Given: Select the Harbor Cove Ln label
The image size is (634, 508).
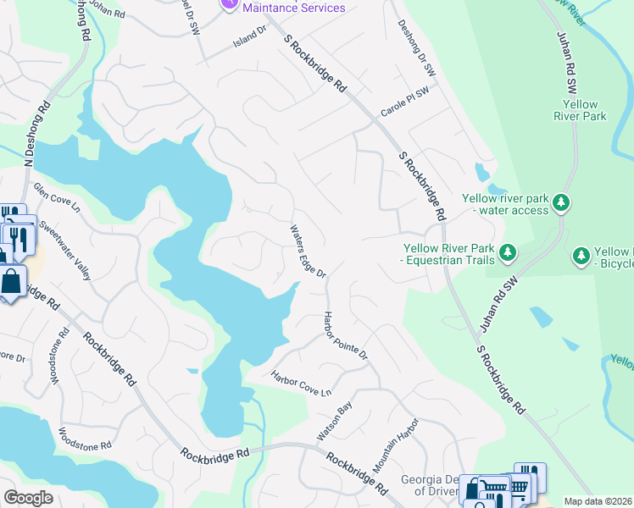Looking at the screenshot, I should (x=300, y=384).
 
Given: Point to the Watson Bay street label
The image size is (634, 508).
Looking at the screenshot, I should (x=334, y=421).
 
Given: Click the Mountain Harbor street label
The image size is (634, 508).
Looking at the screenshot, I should (x=396, y=444).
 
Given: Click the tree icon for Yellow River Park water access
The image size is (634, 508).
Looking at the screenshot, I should (x=560, y=203).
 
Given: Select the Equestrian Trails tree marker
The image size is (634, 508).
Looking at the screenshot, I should (x=508, y=251).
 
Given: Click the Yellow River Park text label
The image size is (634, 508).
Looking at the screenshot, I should (x=585, y=110).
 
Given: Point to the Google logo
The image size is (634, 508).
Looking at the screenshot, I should (x=29, y=498).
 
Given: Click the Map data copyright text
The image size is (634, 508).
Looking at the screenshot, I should (x=598, y=501).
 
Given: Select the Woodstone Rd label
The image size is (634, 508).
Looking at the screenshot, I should (x=85, y=438).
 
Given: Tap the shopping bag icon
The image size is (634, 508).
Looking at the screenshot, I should (x=13, y=282).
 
